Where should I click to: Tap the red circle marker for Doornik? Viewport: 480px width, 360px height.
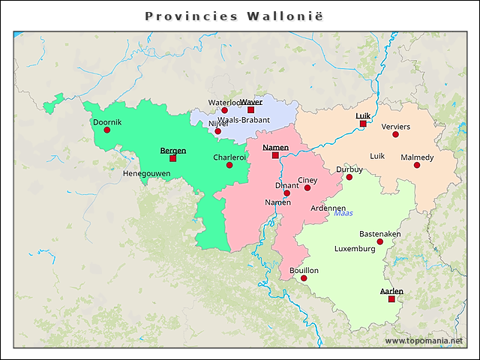pyautogui.click(x=106, y=130)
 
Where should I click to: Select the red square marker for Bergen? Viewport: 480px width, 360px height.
pyautogui.click(x=173, y=158)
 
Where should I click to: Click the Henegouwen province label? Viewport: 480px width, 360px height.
pyautogui.click(x=147, y=173)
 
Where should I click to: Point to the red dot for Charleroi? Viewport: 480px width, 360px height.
pyautogui.click(x=229, y=165)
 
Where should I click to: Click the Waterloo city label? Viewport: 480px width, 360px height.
pyautogui.click(x=223, y=102)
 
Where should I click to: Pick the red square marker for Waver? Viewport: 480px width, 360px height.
pyautogui.click(x=251, y=109)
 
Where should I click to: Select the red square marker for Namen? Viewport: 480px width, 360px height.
pyautogui.click(x=275, y=155)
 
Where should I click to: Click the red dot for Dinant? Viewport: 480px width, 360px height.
pyautogui.click(x=286, y=193)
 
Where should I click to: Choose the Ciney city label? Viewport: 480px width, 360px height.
pyautogui.click(x=307, y=180)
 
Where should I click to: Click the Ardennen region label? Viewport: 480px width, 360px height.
pyautogui.click(x=328, y=208)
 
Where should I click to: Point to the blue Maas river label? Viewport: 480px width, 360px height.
pyautogui.click(x=343, y=214)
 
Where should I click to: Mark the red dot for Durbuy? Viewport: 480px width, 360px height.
pyautogui.click(x=349, y=177)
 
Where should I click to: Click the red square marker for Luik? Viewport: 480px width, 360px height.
pyautogui.click(x=363, y=124)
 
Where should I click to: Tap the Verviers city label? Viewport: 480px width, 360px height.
pyautogui.click(x=396, y=127)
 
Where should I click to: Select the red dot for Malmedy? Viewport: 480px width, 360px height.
pyautogui.click(x=417, y=165)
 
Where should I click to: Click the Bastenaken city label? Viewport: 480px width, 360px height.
pyautogui.click(x=379, y=234)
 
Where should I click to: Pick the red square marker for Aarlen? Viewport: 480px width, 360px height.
pyautogui.click(x=391, y=299)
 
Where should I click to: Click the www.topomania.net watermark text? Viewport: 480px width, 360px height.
pyautogui.click(x=424, y=340)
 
